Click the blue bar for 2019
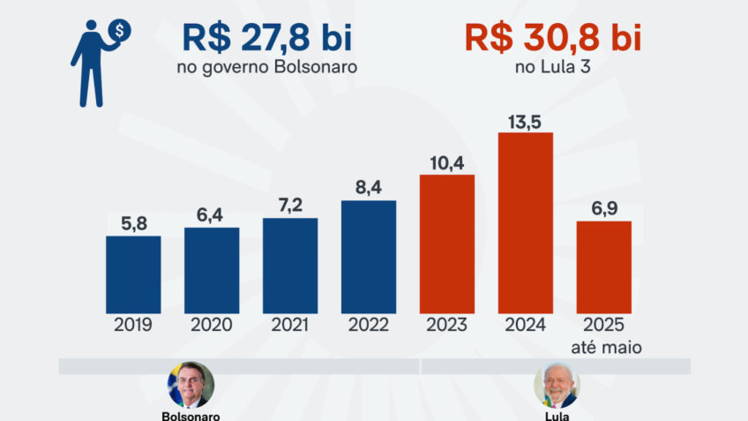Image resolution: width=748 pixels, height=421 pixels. tap(133, 274)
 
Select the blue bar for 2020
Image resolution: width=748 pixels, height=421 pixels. tap(212, 270)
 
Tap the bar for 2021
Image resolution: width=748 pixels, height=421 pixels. tap(290, 266)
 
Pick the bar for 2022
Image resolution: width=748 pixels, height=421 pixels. tap(369, 257)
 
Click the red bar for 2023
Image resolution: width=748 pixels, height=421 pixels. tap(447, 244)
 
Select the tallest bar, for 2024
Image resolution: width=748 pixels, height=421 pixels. tap(526, 222)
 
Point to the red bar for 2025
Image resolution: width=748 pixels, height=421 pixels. tap(604, 267)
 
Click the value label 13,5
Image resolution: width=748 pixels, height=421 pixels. tap(526, 119)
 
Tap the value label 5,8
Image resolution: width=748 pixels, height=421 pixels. tap(133, 222)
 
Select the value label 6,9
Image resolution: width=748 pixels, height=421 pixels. tap(604, 207)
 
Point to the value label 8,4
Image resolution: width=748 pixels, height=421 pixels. tap(369, 187)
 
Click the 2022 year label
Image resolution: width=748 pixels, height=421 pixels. tap(369, 325)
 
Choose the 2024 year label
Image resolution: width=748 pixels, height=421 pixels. tap(526, 325)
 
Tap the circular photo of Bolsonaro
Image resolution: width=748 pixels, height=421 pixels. tap(191, 385)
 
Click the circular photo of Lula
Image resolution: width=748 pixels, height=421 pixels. tap(557, 385)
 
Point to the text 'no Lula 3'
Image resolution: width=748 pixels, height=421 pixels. tap(552, 67)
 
